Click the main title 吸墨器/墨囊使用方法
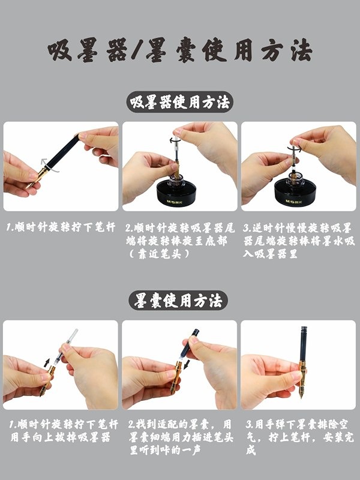180,50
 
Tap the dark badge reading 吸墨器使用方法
180,102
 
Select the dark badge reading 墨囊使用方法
178,301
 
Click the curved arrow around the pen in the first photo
49,166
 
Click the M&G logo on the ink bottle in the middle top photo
173,202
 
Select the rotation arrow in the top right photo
294,148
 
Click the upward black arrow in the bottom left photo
47,363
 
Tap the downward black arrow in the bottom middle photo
187,364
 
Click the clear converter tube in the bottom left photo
65,347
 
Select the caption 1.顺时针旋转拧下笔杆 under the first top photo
61,227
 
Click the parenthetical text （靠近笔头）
159,254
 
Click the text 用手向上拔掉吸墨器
61,437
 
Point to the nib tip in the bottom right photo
302,397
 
